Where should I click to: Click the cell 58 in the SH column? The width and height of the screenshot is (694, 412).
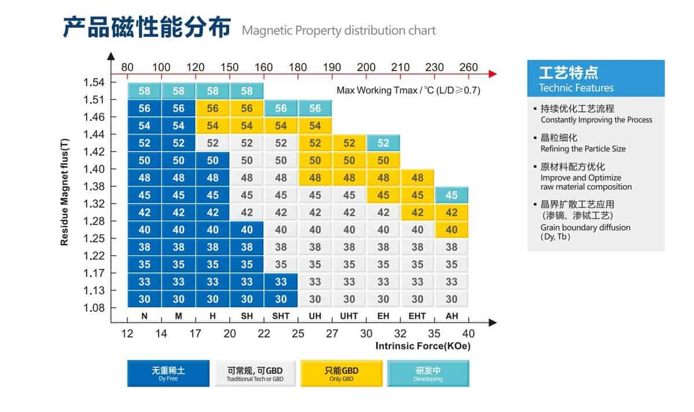click(x=247, y=91)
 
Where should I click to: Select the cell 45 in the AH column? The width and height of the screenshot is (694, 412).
click(x=452, y=195)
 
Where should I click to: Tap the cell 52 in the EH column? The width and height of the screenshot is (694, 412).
click(x=383, y=143)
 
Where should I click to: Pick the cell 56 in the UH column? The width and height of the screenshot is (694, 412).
click(x=315, y=108)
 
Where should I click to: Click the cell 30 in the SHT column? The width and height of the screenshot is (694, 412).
click(x=281, y=299)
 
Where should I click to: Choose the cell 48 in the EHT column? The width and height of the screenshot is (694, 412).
click(x=418, y=178)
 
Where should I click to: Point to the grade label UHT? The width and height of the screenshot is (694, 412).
click(x=349, y=316)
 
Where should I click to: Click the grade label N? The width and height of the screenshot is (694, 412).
click(x=145, y=316)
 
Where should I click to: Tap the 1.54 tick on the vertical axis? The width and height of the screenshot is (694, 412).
click(x=94, y=82)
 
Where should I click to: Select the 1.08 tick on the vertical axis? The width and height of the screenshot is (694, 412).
click(x=94, y=308)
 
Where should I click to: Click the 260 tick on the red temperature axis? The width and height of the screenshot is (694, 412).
click(x=468, y=67)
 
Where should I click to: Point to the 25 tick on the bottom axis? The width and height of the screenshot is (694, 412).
click(x=298, y=333)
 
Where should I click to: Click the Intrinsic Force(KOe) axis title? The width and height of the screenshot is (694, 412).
click(x=423, y=346)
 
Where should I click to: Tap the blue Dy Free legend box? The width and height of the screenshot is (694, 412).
click(x=168, y=373)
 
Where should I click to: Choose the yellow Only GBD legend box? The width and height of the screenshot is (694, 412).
click(x=341, y=373)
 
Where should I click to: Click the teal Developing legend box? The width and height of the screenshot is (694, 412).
click(x=428, y=373)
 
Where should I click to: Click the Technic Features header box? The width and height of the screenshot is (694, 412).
click(x=596, y=79)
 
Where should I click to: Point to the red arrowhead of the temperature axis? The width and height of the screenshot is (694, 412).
click(x=493, y=73)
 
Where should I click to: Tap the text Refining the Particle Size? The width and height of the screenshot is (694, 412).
click(x=583, y=149)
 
